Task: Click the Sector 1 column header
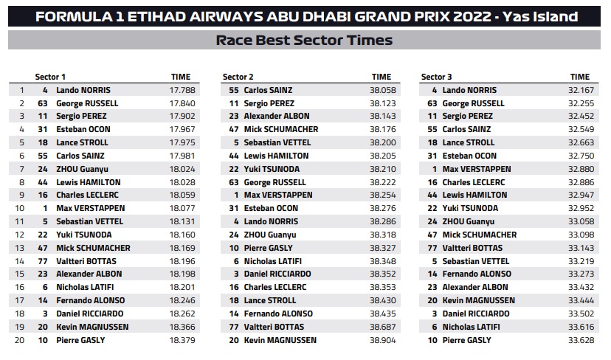pyautogui.click(x=50, y=77)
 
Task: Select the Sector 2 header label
pyautogui.click(x=238, y=77)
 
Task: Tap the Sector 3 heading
pyautogui.click(x=436, y=77)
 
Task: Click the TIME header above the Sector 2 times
pyautogui.click(x=381, y=77)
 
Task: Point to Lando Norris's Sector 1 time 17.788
pyautogui.click(x=182, y=90)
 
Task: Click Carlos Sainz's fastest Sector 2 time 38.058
pyautogui.click(x=383, y=90)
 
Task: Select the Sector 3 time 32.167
pyautogui.click(x=581, y=90)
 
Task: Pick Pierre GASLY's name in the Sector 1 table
pyautogui.click(x=80, y=340)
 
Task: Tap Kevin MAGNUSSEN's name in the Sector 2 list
pyautogui.click(x=280, y=340)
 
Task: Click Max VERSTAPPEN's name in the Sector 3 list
pyautogui.click(x=477, y=169)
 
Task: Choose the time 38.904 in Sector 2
pyautogui.click(x=383, y=340)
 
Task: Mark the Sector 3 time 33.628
pyautogui.click(x=581, y=340)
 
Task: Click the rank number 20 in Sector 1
pyautogui.click(x=19, y=340)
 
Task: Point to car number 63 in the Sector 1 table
pyautogui.click(x=43, y=103)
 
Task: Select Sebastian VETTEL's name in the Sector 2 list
pyautogui.click(x=277, y=142)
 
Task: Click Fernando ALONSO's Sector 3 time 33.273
pyautogui.click(x=581, y=274)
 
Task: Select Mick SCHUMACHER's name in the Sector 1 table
pyautogui.click(x=93, y=248)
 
